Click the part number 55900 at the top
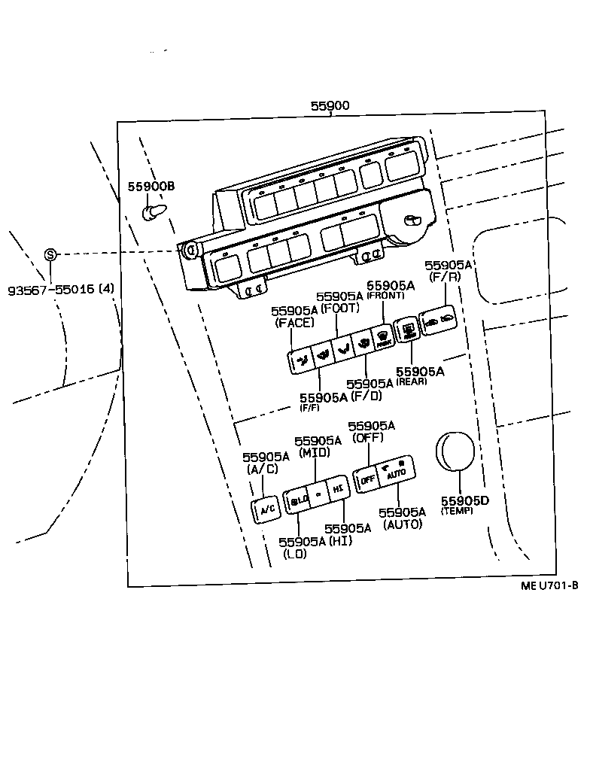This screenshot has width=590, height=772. (x=330, y=106)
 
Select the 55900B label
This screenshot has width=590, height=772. (x=151, y=186)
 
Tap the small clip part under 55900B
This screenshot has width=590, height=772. (x=154, y=212)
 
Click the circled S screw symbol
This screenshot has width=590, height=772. (x=50, y=254)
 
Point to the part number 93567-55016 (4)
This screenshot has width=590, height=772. (x=61, y=289)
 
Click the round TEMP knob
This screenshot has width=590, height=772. (x=456, y=451)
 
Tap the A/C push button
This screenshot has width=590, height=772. (x=267, y=509)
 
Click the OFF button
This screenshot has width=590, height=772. (x=367, y=479)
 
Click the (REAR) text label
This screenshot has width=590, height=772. (x=412, y=381)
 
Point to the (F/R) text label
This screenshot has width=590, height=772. (x=447, y=276)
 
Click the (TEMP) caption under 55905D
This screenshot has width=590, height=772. (x=457, y=511)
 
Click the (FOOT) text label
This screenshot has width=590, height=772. (x=341, y=308)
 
